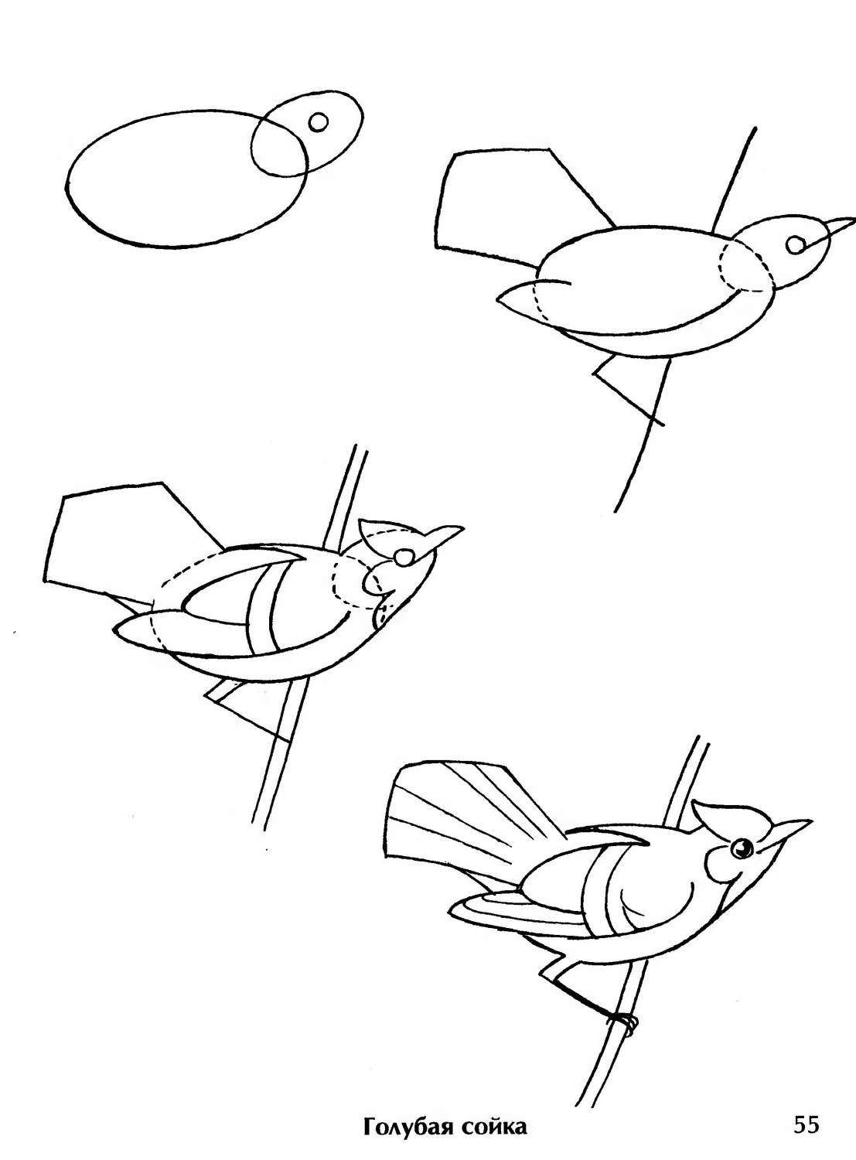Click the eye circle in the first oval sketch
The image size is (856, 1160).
click(x=318, y=122)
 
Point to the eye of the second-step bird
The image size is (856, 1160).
click(x=796, y=244)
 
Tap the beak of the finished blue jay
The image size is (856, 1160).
click(x=789, y=831)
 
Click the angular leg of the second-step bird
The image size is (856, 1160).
click(x=622, y=384)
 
